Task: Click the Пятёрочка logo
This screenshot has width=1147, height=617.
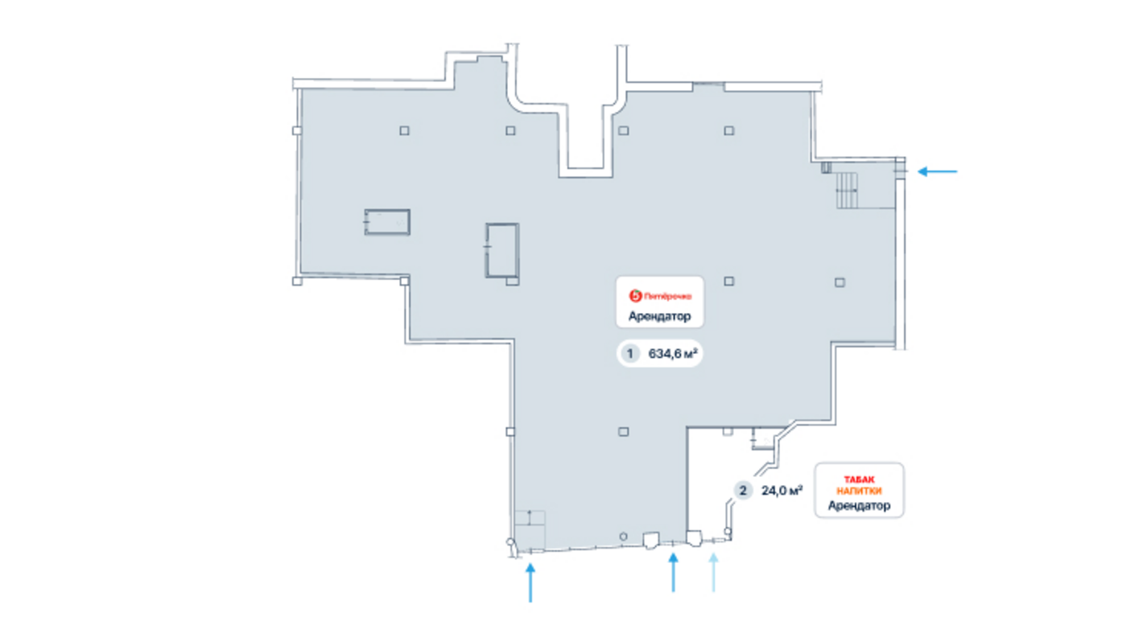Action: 659,296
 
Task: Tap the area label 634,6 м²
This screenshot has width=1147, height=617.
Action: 673,353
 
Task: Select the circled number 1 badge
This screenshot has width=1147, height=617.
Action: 629,353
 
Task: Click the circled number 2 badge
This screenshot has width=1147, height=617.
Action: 742,491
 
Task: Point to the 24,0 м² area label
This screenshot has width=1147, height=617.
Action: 782,491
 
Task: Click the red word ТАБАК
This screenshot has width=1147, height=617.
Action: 859,479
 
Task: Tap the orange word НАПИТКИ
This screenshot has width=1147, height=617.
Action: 859,492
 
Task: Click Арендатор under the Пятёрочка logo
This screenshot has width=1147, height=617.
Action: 659,316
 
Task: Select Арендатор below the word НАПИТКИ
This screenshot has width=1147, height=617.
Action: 859,505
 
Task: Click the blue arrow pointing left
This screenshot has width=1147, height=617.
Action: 937,171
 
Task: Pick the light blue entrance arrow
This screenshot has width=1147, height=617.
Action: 713,573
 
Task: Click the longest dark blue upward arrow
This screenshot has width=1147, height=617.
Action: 530,582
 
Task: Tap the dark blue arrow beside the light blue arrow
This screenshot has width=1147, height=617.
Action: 674,573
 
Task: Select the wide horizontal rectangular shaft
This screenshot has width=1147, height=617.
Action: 387,222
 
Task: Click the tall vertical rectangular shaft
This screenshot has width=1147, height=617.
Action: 502,250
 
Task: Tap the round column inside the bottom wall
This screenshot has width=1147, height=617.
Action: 623,537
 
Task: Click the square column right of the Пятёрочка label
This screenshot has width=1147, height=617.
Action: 729,282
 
